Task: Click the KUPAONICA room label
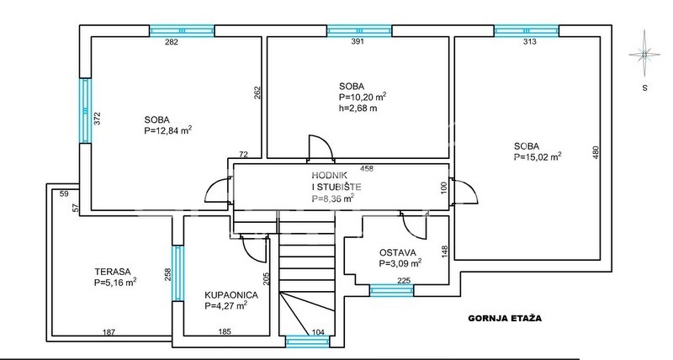tap(231, 295)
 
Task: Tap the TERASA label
tap(113, 272)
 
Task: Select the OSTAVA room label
tap(397, 252)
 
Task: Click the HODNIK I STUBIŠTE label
tap(336, 181)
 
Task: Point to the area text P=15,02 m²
tap(538, 156)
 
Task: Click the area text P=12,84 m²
tap(167, 130)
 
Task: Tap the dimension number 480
tap(595, 153)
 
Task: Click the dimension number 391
tap(358, 41)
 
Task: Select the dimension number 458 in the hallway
tap(367, 168)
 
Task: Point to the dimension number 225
tap(404, 281)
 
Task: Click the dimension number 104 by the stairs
tap(318, 331)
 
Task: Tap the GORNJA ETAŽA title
tap(505, 319)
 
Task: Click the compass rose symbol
tap(644, 54)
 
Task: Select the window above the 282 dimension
tap(182, 31)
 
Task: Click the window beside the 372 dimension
tap(86, 110)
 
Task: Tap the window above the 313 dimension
tap(527, 31)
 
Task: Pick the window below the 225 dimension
tap(392, 290)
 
